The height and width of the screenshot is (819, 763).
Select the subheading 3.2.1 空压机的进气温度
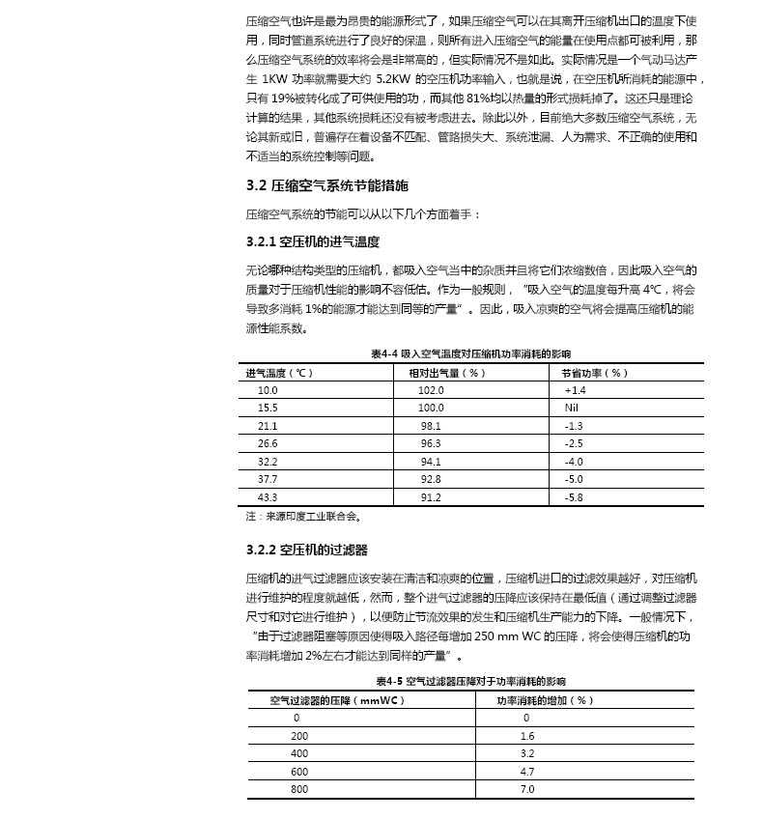click(x=313, y=241)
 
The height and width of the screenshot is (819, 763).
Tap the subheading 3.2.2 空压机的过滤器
click(x=307, y=550)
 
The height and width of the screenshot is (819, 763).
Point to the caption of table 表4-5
click(x=471, y=681)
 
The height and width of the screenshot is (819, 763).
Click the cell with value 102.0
click(x=431, y=390)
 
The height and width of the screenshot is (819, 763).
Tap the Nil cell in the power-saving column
click(x=572, y=408)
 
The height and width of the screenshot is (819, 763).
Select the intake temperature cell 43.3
click(x=268, y=496)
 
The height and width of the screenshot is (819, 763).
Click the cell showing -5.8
click(x=574, y=496)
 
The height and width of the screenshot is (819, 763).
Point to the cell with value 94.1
click(x=431, y=461)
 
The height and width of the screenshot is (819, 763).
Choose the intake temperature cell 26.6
click(x=268, y=443)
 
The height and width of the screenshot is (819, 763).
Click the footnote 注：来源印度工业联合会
click(x=303, y=516)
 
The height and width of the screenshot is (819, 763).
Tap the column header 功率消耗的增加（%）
click(x=545, y=700)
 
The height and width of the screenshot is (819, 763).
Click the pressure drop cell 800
click(x=299, y=789)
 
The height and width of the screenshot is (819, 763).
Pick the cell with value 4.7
click(x=527, y=772)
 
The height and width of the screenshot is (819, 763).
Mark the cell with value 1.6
click(x=527, y=736)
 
